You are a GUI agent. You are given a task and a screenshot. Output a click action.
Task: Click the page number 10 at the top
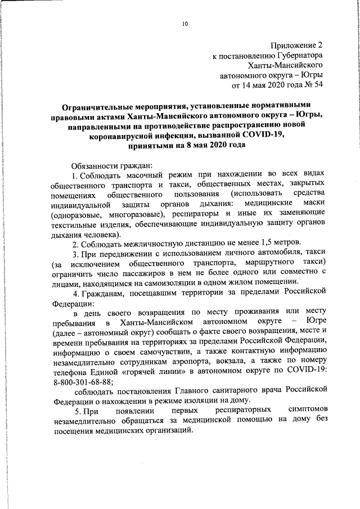pos(185,23)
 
